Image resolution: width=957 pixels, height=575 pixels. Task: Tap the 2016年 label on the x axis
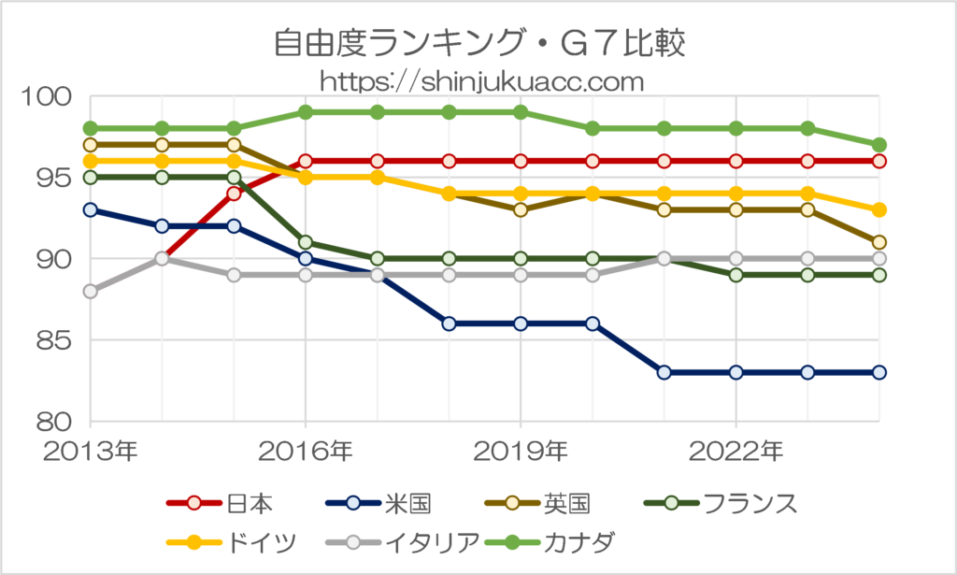pyautogui.click(x=306, y=452)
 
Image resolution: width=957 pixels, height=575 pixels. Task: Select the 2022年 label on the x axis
pyautogui.click(x=736, y=452)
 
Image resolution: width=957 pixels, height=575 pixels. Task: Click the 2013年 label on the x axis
pyautogui.click(x=91, y=452)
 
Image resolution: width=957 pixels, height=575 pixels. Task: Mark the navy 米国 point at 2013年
pyautogui.click(x=91, y=209)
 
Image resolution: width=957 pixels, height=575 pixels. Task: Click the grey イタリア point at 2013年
pyautogui.click(x=91, y=291)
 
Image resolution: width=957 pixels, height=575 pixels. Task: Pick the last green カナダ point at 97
pyautogui.click(x=878, y=145)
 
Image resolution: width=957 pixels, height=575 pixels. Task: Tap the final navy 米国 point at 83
pyautogui.click(x=878, y=372)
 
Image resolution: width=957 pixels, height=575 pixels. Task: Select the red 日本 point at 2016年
pyautogui.click(x=306, y=161)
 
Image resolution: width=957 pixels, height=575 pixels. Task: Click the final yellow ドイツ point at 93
pyautogui.click(x=878, y=209)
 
